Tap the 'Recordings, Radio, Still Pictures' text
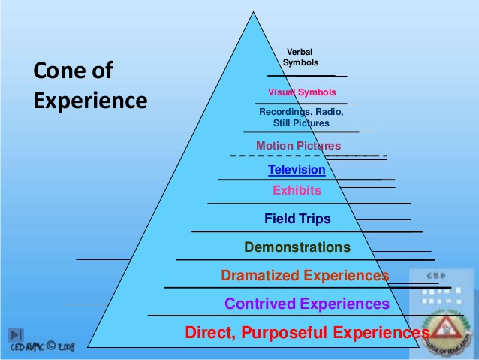tap(301, 117)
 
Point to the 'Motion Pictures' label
tap(298, 146)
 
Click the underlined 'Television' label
tap(297, 170)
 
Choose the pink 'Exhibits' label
tap(297, 190)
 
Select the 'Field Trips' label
tap(297, 219)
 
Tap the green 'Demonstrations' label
tap(297, 247)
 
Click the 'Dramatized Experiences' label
tap(305, 275)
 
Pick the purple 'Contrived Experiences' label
tap(307, 304)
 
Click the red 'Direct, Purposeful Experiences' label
tap(307, 331)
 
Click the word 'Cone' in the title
tap(59, 71)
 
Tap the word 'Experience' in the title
tap(90, 99)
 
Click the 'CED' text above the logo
tap(435, 276)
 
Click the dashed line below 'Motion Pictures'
tap(308, 156)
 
